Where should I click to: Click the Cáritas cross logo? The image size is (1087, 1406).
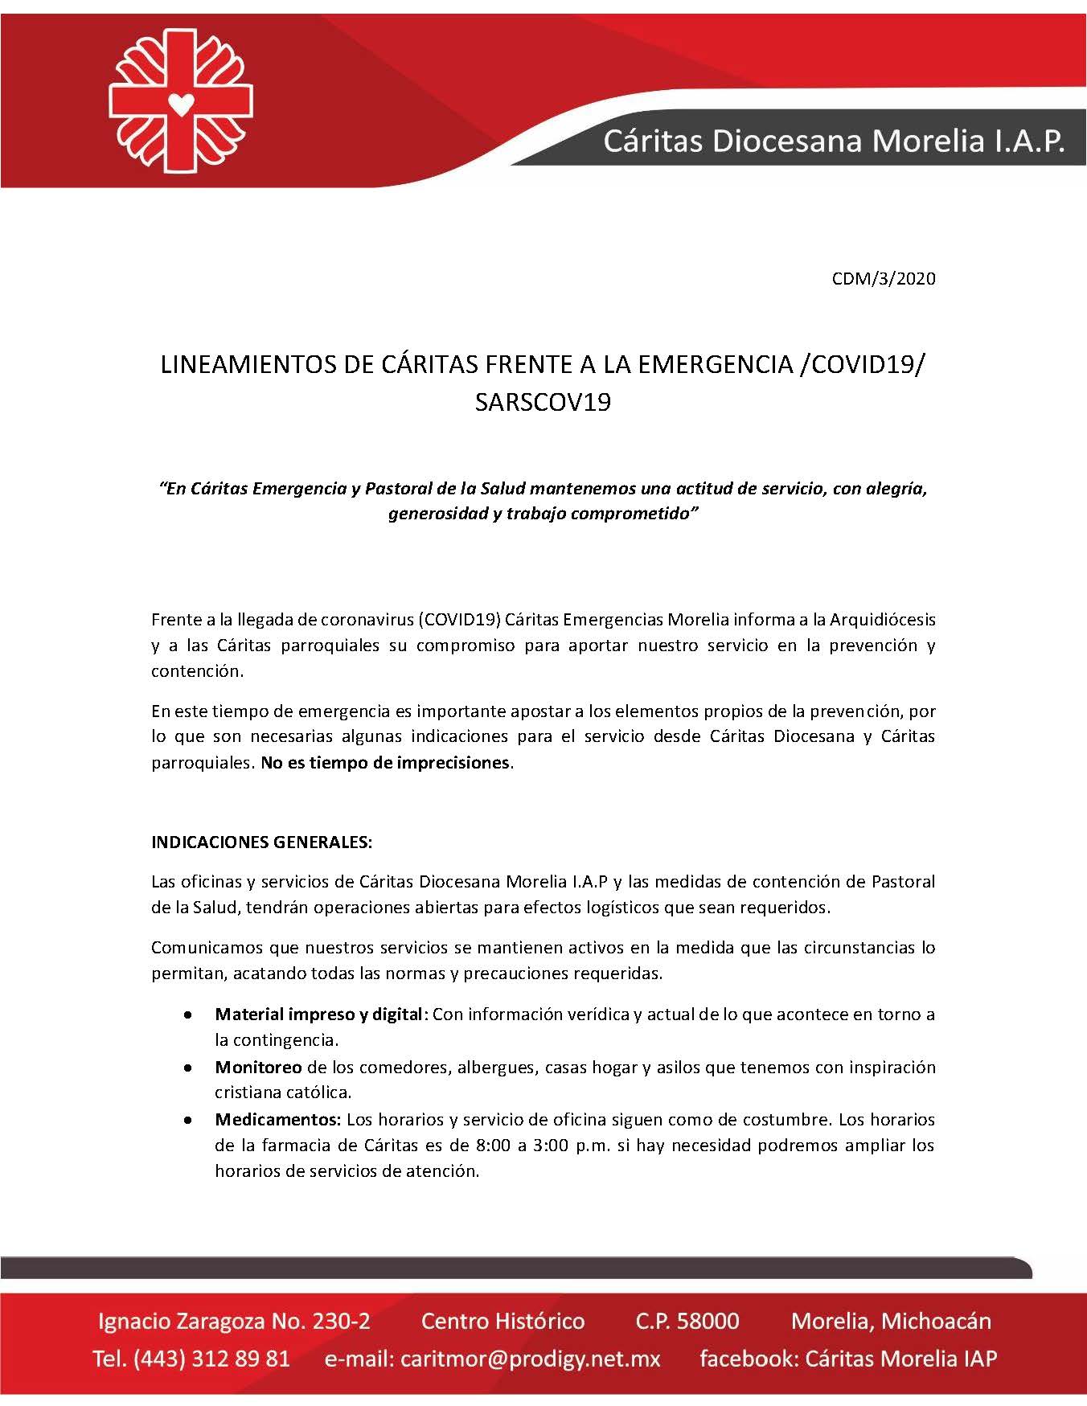[181, 100]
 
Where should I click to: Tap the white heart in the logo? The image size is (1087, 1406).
[182, 105]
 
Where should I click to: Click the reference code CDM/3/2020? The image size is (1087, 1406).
[884, 279]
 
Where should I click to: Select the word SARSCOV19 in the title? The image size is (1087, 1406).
[543, 402]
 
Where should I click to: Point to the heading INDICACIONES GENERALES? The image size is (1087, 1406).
[261, 842]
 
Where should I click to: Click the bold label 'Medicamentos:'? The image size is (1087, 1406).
[278, 1120]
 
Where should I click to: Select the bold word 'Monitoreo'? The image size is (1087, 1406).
[258, 1068]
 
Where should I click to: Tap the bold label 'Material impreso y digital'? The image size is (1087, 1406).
[319, 1015]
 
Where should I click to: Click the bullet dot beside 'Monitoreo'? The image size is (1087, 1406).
[187, 1068]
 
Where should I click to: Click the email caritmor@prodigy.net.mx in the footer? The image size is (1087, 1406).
[531, 1359]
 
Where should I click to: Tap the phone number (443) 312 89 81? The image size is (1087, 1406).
[211, 1359]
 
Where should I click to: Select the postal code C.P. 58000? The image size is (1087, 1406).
[687, 1322]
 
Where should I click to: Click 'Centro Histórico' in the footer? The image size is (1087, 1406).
[502, 1322]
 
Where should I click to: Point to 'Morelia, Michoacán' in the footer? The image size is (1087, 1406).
[891, 1322]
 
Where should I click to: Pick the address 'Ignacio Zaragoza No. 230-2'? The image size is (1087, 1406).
[234, 1322]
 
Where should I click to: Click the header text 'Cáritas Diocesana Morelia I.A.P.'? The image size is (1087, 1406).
[834, 141]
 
